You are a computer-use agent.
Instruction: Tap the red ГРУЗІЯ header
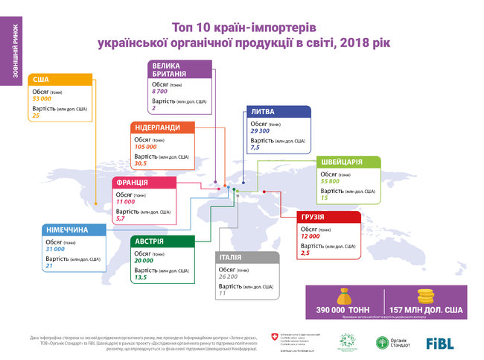(328, 218)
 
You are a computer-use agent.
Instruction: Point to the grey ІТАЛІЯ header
(246, 258)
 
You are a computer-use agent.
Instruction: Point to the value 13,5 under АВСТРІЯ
(140, 278)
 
